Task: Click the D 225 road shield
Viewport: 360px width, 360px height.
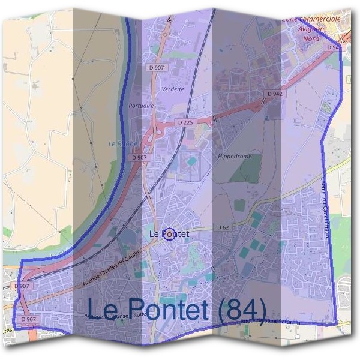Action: point(186,122)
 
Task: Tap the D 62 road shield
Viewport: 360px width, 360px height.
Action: point(222,228)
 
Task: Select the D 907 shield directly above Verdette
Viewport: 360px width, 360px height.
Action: point(157,68)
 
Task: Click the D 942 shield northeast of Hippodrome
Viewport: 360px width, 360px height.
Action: point(275,94)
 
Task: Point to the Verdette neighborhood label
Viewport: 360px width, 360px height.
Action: point(173,89)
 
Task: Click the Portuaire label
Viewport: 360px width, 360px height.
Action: point(141,106)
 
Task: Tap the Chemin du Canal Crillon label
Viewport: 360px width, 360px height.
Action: point(321,207)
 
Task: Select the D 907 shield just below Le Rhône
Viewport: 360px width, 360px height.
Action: point(140,157)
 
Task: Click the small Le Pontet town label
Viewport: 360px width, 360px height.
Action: point(169,233)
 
